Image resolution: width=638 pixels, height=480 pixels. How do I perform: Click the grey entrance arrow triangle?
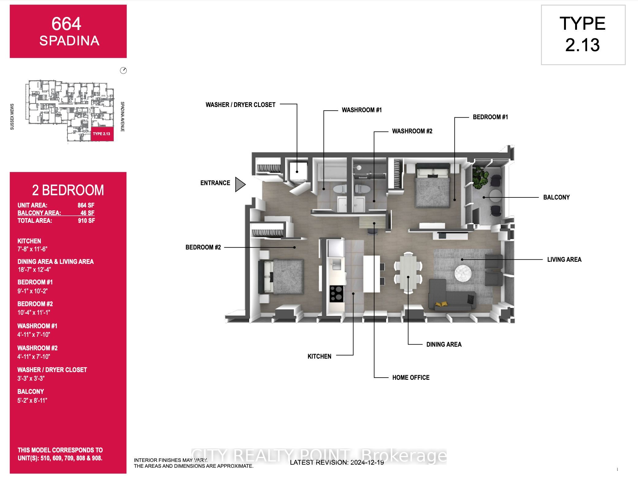[x=240, y=184]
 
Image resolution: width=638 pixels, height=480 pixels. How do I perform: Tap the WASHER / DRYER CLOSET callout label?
[x=240, y=105]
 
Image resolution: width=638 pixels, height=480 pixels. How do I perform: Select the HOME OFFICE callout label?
[x=410, y=378]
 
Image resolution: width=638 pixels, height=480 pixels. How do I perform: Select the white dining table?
[x=408, y=273]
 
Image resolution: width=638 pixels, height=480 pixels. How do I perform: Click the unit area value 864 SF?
[x=86, y=205]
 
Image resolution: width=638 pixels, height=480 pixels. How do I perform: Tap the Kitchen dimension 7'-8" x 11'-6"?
[x=32, y=249]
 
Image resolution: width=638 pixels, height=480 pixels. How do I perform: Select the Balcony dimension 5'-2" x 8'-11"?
[x=32, y=400]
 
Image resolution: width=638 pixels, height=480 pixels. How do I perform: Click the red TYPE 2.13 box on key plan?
[x=102, y=134]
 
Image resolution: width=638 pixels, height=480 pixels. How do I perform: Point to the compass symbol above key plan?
[x=123, y=70]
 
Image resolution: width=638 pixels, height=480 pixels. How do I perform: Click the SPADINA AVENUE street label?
[x=122, y=117]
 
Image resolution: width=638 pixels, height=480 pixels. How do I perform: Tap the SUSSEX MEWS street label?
[x=12, y=117]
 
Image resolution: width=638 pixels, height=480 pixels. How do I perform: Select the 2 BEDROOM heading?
[x=68, y=190]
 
